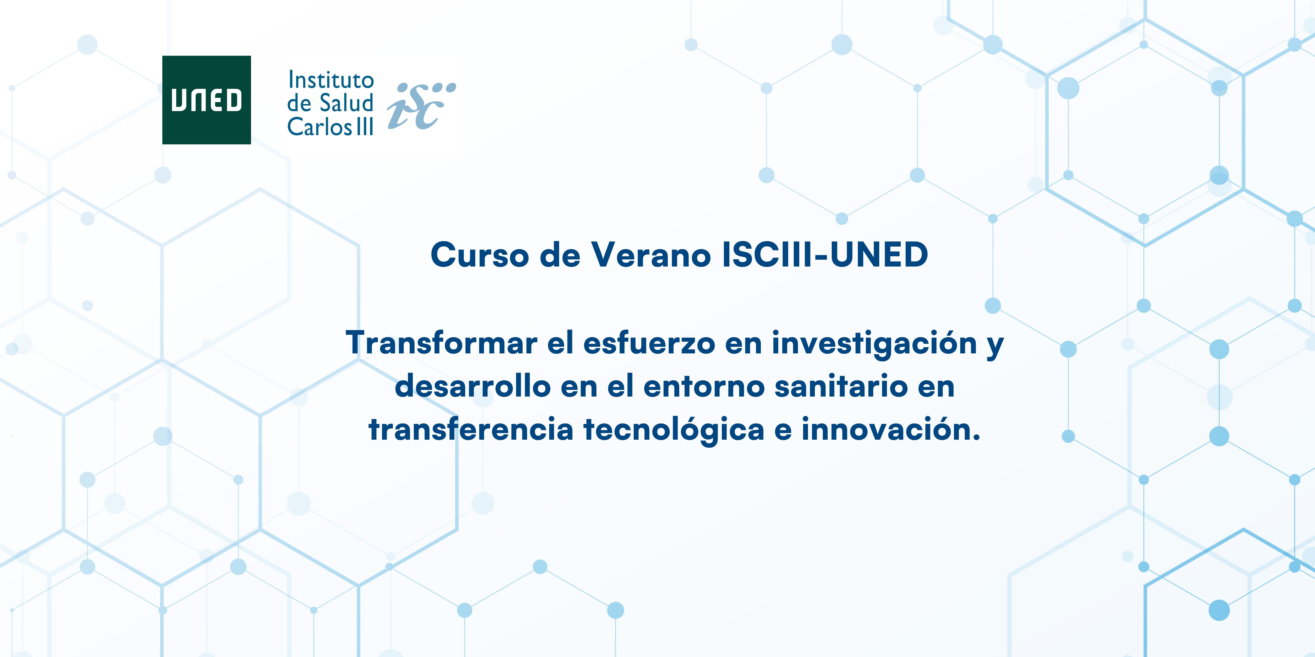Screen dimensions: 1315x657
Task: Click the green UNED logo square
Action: tap(206, 100)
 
